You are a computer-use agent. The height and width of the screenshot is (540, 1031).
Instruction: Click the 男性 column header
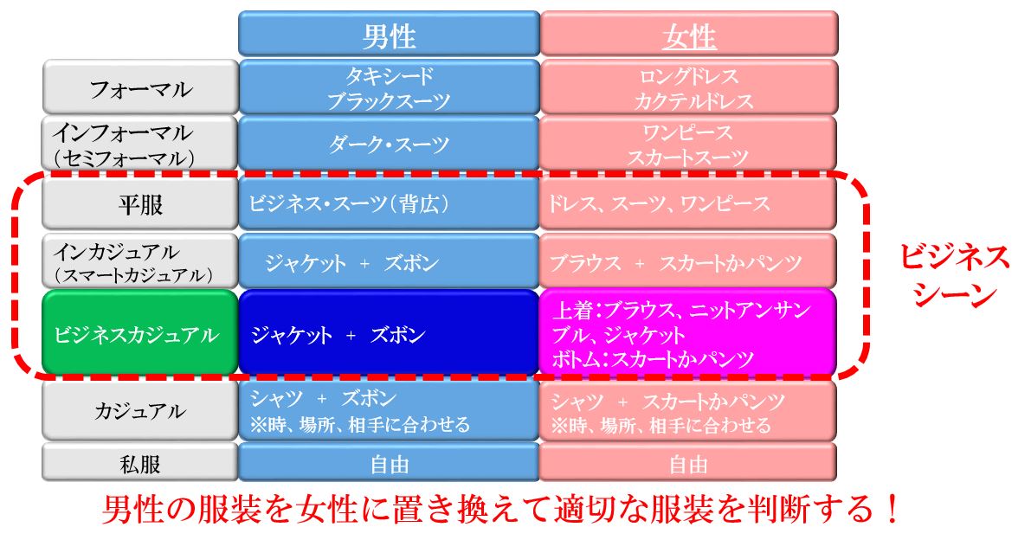click(x=389, y=34)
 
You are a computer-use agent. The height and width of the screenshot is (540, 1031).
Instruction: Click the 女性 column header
click(x=688, y=34)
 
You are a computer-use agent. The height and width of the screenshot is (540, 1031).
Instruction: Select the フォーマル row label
click(x=140, y=87)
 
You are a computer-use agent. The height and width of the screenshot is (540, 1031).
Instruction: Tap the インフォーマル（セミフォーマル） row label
click(x=140, y=144)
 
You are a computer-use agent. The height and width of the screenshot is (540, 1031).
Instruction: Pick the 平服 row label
click(x=140, y=203)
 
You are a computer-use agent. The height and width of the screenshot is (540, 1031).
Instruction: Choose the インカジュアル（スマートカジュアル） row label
click(x=140, y=261)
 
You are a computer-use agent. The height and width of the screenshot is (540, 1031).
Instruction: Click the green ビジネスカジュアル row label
click(x=140, y=333)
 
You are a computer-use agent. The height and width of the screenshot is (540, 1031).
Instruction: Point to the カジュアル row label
click(x=140, y=411)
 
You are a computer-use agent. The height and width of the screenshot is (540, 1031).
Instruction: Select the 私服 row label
click(x=140, y=463)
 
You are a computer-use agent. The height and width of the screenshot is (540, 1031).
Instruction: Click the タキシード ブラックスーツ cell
click(x=389, y=87)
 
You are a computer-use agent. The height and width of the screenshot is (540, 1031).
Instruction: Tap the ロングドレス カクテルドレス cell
click(x=688, y=87)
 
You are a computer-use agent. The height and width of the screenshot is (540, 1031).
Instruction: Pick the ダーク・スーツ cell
click(x=389, y=144)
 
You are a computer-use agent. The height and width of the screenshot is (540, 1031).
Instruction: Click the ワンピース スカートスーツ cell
click(x=688, y=144)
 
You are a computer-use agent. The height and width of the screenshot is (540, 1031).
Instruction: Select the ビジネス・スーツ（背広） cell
click(x=389, y=203)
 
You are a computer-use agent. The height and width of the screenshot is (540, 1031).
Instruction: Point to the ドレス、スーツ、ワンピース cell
click(x=688, y=203)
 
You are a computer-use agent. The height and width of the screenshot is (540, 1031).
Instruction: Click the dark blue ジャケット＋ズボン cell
click(x=389, y=333)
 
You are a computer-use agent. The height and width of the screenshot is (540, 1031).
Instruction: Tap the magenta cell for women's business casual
click(x=688, y=333)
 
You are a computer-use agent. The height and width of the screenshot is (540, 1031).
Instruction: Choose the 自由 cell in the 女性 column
click(x=688, y=463)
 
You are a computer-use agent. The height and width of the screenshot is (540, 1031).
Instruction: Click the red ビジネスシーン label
click(x=954, y=274)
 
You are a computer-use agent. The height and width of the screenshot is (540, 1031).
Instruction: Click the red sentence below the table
click(x=501, y=509)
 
